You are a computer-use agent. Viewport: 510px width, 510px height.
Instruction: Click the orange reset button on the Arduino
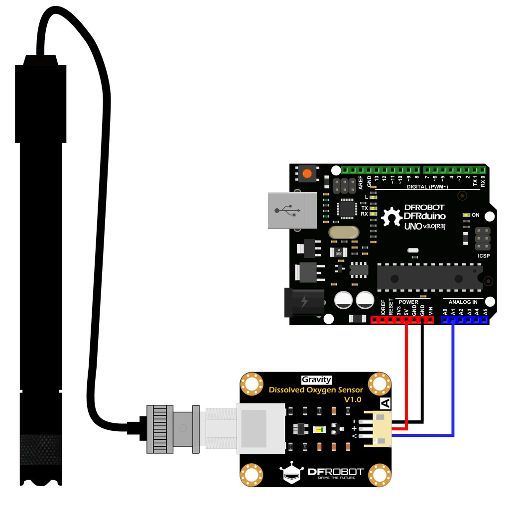coord(307,174)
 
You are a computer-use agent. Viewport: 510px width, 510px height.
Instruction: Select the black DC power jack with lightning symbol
coord(302,302)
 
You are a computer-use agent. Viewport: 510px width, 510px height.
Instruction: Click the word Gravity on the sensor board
coord(316,380)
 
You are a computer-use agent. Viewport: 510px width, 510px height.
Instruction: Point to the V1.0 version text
coord(353,399)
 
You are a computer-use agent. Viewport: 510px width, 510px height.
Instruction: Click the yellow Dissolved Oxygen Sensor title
coord(316,390)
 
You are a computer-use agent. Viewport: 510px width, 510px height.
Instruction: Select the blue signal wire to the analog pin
coord(453,379)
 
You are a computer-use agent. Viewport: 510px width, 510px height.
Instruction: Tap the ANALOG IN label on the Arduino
coord(463,302)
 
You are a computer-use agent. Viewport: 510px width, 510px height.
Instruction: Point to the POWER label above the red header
coord(408,302)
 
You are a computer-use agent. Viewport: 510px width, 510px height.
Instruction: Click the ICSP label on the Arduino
coord(484,256)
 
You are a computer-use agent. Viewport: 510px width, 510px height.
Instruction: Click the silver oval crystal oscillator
coord(344,232)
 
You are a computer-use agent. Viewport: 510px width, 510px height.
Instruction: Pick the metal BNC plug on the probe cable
coord(172,428)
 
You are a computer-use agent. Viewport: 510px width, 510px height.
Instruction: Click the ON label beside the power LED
coord(475,215)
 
